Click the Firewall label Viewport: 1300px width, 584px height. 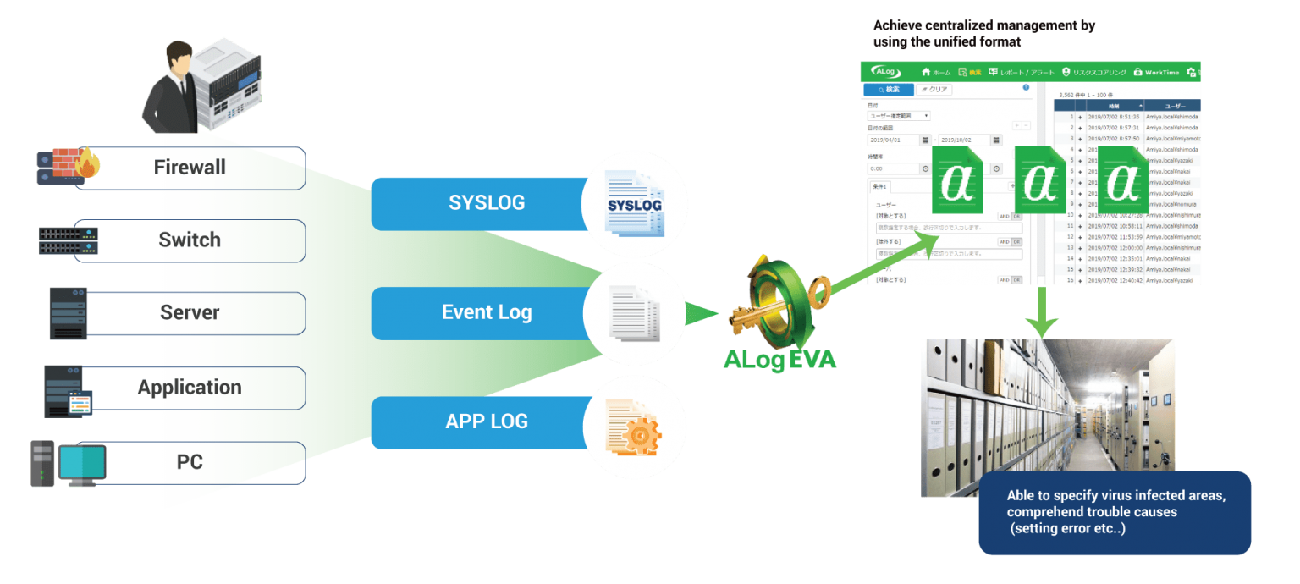(x=190, y=167)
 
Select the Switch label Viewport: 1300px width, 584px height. (x=190, y=240)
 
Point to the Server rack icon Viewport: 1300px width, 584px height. (x=68, y=313)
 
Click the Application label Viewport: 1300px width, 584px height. (x=190, y=387)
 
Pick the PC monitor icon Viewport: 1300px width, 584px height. (x=81, y=463)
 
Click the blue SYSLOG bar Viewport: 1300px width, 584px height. (x=486, y=203)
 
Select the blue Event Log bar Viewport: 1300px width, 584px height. (x=486, y=312)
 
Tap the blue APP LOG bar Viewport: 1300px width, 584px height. (x=486, y=421)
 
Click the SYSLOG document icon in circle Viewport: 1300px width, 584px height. (x=634, y=204)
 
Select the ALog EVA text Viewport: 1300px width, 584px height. (x=779, y=360)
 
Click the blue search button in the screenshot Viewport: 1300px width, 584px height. (x=888, y=89)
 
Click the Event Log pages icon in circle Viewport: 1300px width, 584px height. (x=634, y=312)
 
